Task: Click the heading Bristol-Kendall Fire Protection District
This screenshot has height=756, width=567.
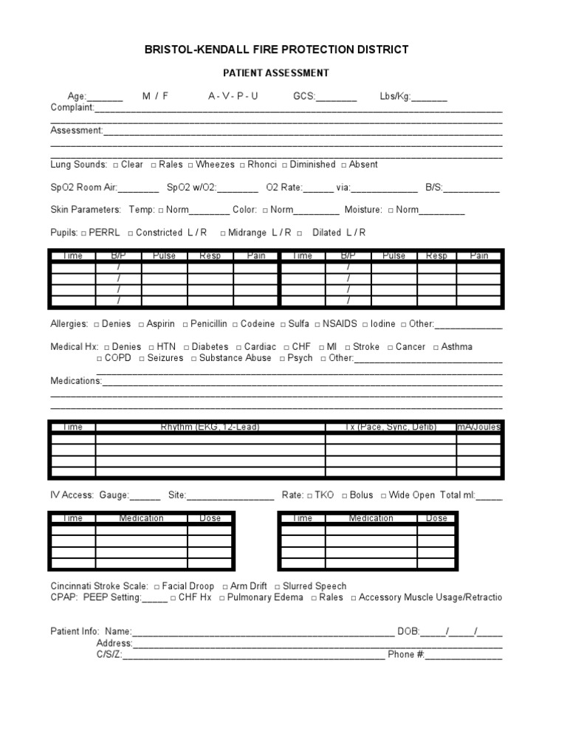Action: pos(276,49)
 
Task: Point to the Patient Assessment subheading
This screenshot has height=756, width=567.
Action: pos(276,73)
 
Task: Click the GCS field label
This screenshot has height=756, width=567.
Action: pos(304,97)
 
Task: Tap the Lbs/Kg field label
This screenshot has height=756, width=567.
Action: pos(396,97)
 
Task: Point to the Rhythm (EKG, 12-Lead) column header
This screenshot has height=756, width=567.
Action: pos(210,427)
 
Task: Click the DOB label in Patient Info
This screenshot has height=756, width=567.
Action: pos(408,632)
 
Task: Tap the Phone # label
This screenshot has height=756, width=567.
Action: pos(405,655)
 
